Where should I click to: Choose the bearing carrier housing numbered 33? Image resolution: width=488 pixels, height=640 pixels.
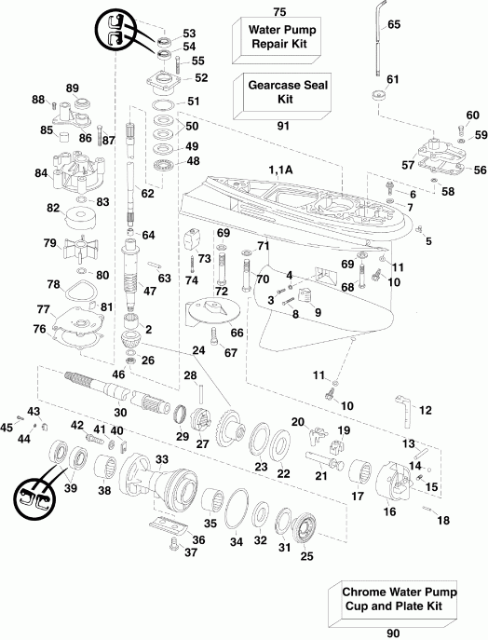click(x=168, y=475)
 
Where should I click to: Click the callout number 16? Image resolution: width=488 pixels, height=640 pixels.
click(x=387, y=511)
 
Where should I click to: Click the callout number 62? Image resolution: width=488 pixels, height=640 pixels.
click(x=145, y=194)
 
